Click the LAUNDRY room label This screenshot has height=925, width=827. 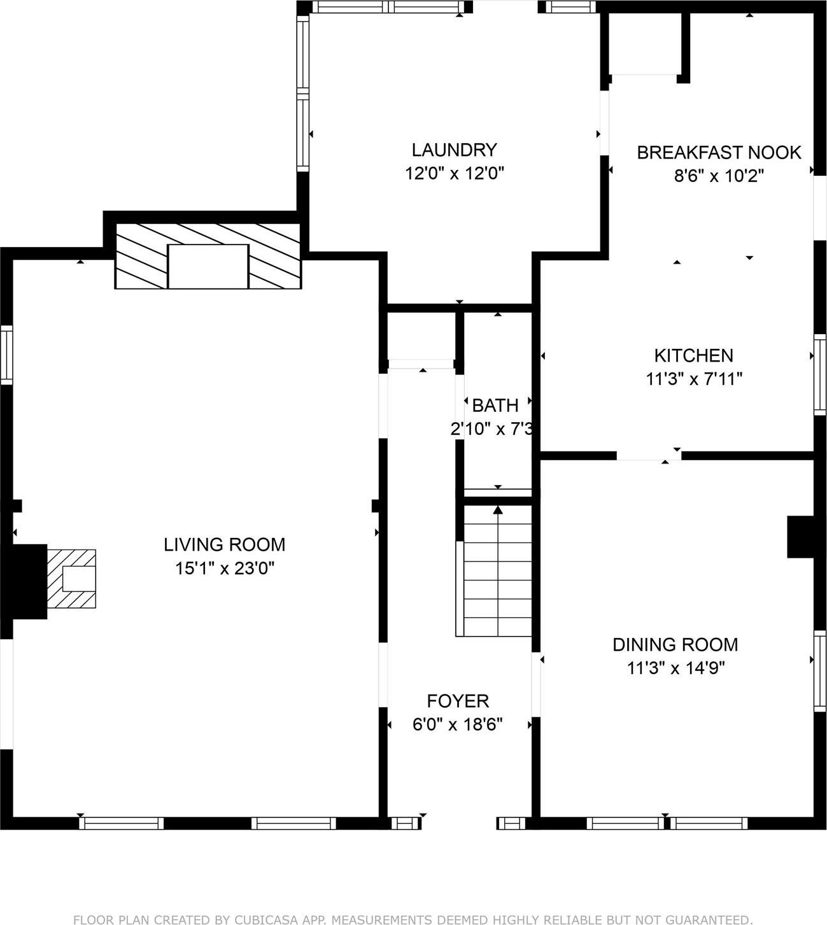tap(454, 150)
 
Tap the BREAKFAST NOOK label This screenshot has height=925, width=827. tap(719, 152)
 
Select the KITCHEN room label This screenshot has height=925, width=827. tap(693, 355)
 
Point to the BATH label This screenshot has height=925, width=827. tap(495, 405)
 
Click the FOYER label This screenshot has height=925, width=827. tap(458, 701)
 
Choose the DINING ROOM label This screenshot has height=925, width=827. tap(675, 644)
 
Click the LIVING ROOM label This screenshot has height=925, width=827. tap(224, 544)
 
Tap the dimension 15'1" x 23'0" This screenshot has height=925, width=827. tap(224, 568)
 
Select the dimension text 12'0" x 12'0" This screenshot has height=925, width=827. tap(454, 173)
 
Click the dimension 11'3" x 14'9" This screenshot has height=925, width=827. tap(675, 668)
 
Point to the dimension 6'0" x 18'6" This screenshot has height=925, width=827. tap(458, 724)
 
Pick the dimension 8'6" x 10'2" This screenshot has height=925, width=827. tap(719, 176)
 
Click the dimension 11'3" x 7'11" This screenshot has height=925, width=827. tap(693, 379)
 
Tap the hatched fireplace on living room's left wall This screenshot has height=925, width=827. tap(71, 579)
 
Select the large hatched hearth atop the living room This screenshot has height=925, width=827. tap(208, 256)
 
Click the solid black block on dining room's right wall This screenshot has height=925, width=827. tap(800, 537)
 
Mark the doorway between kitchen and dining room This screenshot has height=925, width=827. tap(648, 455)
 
